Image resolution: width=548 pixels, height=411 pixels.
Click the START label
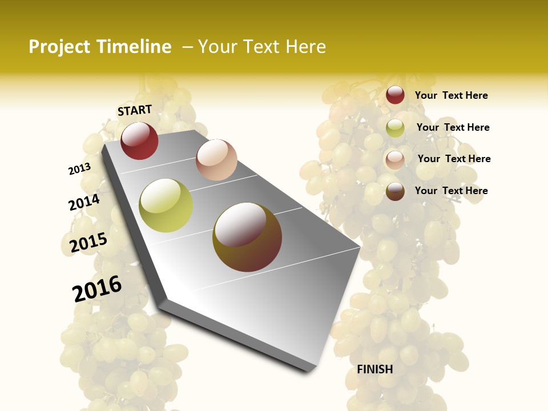(x=135, y=110)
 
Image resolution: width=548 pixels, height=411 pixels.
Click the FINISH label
(x=375, y=369)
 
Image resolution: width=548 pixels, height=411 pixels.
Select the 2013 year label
(x=79, y=168)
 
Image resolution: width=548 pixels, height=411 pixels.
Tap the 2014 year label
(x=84, y=203)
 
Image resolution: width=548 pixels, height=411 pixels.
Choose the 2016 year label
(x=97, y=289)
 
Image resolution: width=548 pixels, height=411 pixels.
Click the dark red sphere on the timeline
(x=139, y=140)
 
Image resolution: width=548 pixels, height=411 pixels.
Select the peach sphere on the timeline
(x=216, y=160)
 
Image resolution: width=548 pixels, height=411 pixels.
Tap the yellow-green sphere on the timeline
(x=166, y=205)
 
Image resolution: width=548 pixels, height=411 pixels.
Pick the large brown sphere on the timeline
(x=247, y=237)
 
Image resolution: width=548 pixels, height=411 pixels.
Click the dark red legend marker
(x=395, y=95)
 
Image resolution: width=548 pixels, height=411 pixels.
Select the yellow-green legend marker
(x=395, y=128)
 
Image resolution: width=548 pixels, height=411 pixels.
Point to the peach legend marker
(x=395, y=159)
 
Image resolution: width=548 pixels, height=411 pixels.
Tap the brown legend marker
(x=395, y=191)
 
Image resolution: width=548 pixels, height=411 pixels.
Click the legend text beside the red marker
(x=451, y=95)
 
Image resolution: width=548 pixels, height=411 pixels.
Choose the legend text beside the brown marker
(x=451, y=191)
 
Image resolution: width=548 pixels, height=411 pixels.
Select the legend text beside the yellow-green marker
(x=453, y=127)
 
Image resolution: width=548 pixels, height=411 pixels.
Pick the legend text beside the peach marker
(x=454, y=159)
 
